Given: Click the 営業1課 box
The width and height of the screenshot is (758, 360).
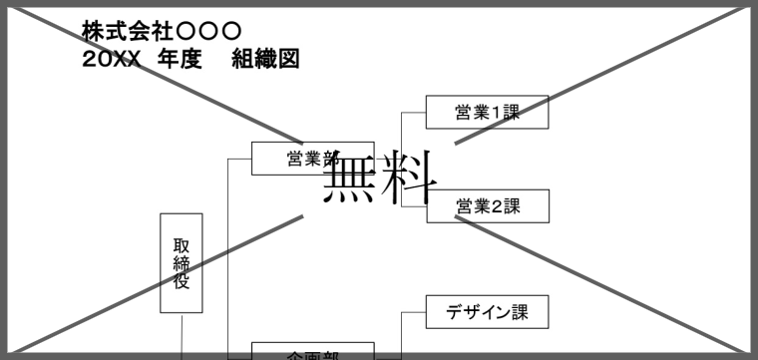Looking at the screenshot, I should [x=488, y=113].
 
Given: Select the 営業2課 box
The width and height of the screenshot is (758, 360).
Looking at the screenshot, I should [x=488, y=206].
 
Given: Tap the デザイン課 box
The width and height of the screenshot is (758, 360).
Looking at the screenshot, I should [x=488, y=312].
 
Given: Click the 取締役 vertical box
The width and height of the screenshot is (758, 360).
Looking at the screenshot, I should [x=181, y=263].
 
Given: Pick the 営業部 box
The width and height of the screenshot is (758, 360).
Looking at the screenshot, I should [x=312, y=159].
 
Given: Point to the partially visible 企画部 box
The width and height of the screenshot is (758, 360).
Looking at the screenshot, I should [x=312, y=351].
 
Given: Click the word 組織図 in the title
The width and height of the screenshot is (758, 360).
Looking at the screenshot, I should [x=265, y=60].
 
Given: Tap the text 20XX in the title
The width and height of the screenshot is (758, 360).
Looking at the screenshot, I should [x=111, y=60].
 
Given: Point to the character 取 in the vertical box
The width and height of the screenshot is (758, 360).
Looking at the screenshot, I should [x=181, y=245].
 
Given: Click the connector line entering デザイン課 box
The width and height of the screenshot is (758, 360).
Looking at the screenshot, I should [x=413, y=312].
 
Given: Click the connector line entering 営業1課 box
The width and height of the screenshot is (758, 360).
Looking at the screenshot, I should [x=413, y=113].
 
